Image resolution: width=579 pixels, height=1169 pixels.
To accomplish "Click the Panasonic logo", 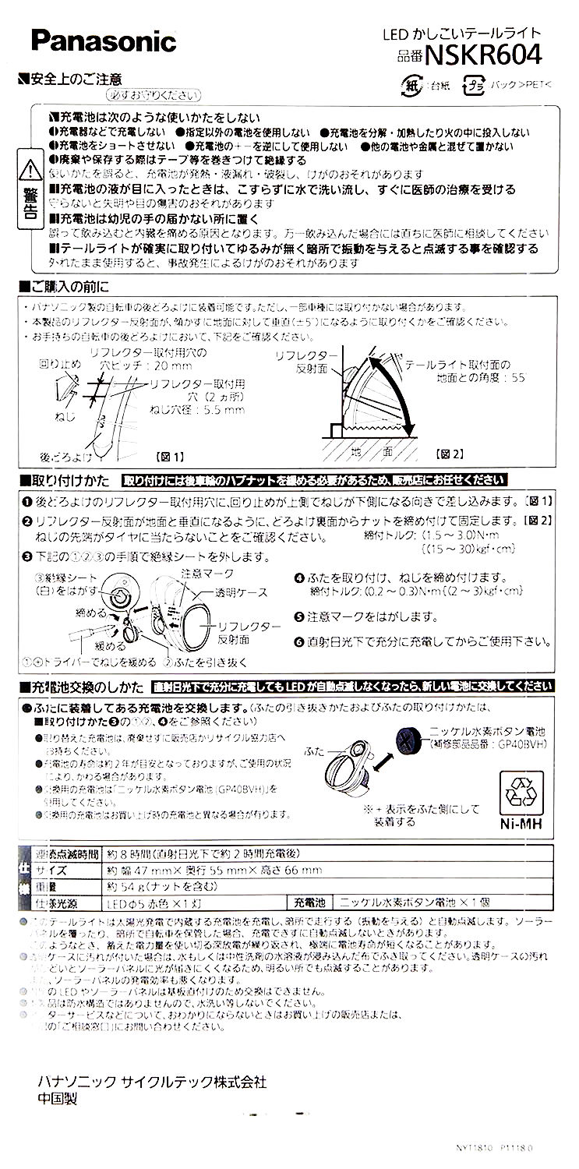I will [x=104, y=41].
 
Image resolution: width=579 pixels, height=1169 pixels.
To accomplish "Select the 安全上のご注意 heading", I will [x=75, y=79].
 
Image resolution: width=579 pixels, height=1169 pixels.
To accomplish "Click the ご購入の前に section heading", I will [x=63, y=286].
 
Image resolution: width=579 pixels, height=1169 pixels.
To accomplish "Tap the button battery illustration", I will [x=410, y=736].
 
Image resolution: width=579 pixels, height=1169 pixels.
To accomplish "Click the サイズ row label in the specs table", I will [x=51, y=871].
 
